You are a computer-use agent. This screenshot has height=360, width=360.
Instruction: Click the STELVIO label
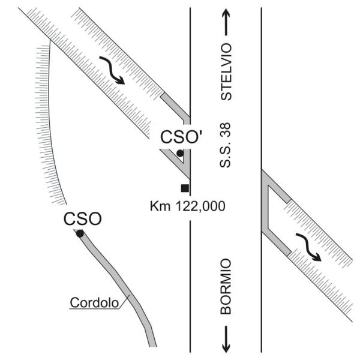click(226, 71)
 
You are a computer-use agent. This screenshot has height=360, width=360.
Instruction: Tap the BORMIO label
click(226, 286)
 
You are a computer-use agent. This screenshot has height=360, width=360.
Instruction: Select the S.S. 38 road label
click(225, 145)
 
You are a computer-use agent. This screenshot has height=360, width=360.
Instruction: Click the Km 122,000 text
click(187, 206)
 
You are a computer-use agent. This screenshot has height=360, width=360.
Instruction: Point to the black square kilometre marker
click(185, 188)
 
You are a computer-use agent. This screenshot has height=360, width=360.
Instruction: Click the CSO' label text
click(181, 137)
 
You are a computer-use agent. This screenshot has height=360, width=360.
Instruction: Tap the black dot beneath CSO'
click(180, 153)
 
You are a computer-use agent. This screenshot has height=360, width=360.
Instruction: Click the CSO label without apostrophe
click(82, 219)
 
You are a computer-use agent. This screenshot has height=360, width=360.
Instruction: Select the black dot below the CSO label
click(80, 234)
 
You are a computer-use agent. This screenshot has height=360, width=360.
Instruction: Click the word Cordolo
click(94, 302)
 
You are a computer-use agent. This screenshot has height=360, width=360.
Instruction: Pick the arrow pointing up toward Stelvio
click(226, 22)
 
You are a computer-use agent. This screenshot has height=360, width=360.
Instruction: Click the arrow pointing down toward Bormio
click(226, 339)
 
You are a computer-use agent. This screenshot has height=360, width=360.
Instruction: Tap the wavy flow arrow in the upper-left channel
click(112, 70)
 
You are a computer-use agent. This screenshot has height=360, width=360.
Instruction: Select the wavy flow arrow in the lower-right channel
click(308, 247)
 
